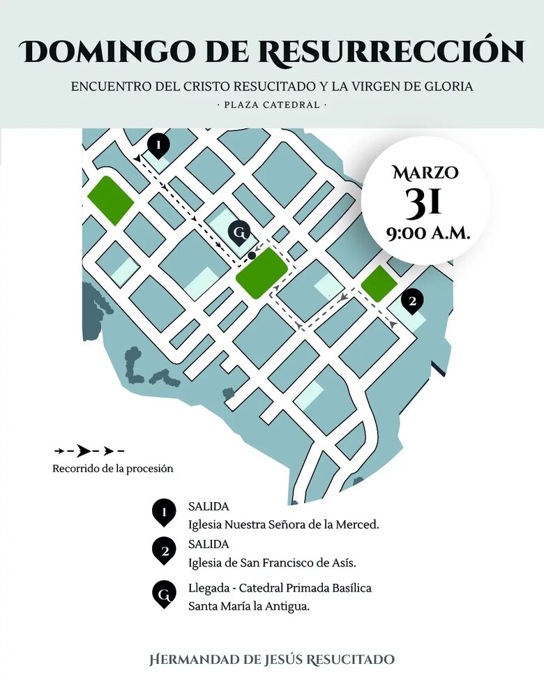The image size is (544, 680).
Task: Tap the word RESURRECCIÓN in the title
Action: coord(393,51)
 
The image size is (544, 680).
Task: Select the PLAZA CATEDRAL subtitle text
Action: coord(272,105)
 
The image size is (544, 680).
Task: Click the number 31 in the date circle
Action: coord(424,202)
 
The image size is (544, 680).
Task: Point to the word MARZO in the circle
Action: coord(425,172)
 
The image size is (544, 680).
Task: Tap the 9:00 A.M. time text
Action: coord(428,232)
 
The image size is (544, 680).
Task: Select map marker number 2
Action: coord(412,301)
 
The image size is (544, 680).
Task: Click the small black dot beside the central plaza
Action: coord(252,256)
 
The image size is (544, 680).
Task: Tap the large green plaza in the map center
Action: coord(262,275)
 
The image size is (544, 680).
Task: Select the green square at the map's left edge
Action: coord(110,200)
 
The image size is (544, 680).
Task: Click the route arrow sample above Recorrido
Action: coord(89,451)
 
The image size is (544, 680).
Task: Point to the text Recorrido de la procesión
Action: coord(113,469)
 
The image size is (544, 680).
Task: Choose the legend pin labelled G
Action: coord(164,596)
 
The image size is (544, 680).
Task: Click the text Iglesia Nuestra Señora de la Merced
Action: coord(284,524)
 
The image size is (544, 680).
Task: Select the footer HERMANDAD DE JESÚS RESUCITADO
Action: coord(272,659)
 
